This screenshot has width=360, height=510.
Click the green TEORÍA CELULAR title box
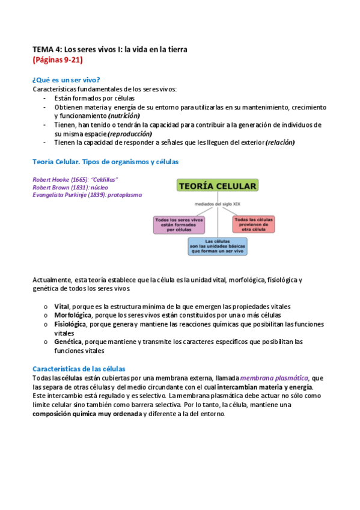(218, 186)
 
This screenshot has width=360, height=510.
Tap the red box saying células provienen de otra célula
(254, 224)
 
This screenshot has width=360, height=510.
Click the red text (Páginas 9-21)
(58, 60)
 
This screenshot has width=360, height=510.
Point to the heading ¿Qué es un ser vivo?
(66, 80)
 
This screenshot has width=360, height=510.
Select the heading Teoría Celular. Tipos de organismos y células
(105, 162)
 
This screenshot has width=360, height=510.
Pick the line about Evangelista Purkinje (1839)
(88, 195)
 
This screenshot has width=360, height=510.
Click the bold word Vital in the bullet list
(61, 306)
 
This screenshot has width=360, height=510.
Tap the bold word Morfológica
(73, 315)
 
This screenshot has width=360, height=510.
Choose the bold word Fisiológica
(70, 324)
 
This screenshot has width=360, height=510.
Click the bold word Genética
(68, 342)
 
